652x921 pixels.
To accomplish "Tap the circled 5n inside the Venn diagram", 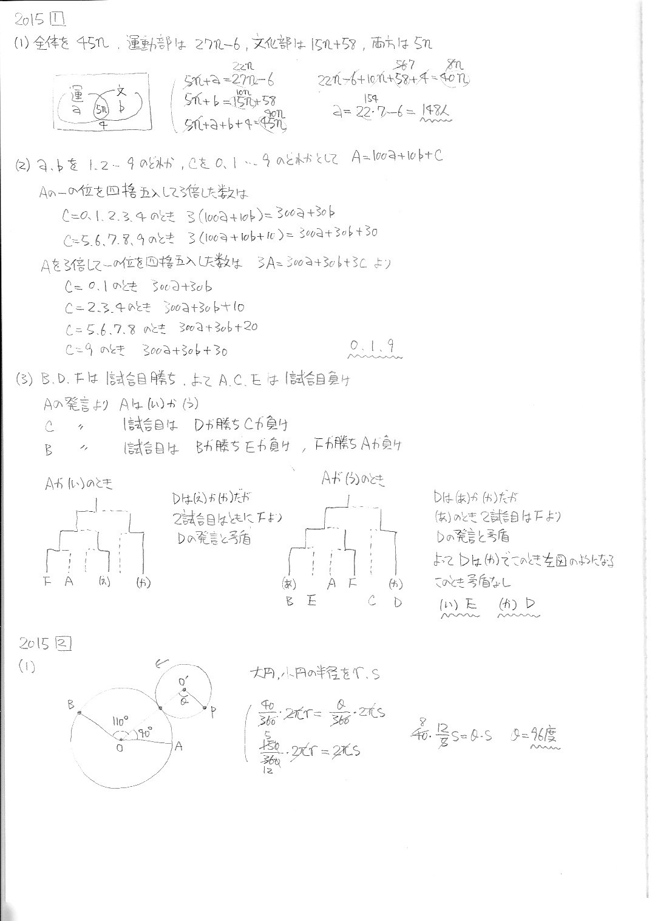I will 100,111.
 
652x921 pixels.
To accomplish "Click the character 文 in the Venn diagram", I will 121,92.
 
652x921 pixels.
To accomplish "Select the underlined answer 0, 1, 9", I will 375,347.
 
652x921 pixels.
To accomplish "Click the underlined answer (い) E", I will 458,604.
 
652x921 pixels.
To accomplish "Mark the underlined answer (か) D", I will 517,604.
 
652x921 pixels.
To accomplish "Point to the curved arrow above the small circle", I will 161,663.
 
